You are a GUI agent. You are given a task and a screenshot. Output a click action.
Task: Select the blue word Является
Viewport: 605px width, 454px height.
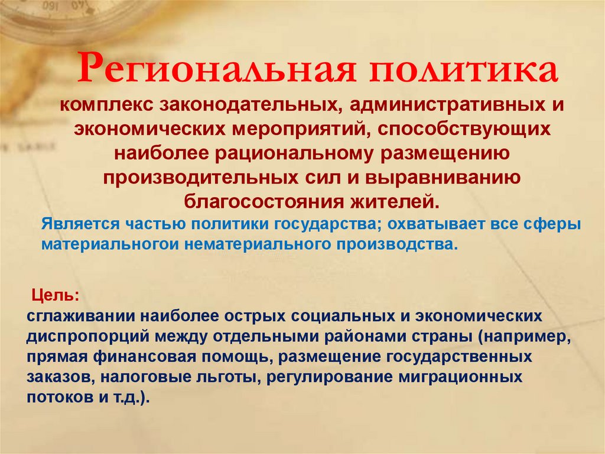click(x=80, y=224)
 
